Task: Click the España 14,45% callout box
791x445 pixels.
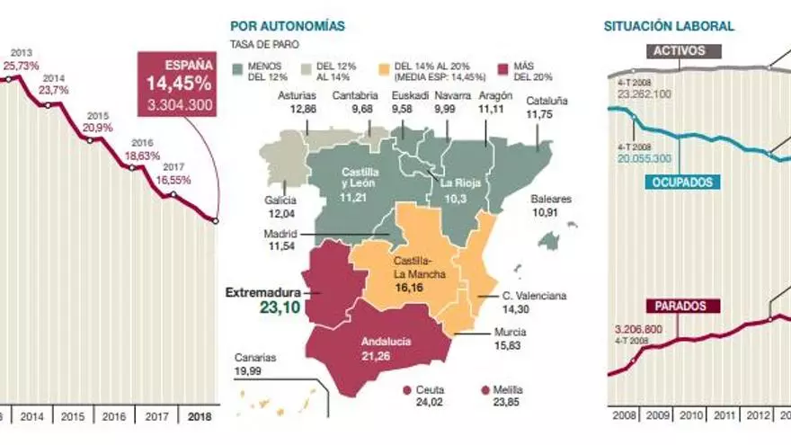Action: point(176,84)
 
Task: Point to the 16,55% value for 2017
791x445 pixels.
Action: point(174,179)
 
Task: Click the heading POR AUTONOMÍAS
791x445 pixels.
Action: point(288,27)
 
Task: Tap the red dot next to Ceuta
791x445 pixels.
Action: point(408,389)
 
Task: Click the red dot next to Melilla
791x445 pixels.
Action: point(485,389)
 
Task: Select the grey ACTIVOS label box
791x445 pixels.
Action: point(678,52)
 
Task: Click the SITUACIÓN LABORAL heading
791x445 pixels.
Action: point(669,27)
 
